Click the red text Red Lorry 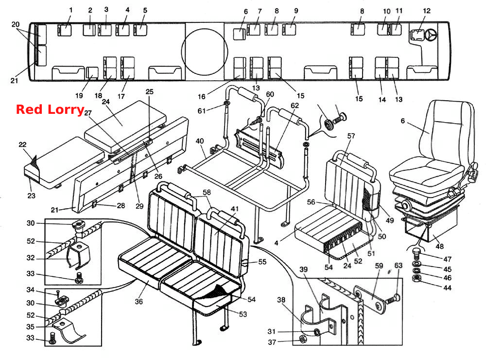(50, 109)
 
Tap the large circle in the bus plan (204, 52)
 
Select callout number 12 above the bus (427, 11)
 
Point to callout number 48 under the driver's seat (439, 247)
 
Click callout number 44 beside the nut (447, 288)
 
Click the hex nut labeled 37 (303, 339)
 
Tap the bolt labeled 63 (392, 299)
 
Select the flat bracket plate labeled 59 (370, 298)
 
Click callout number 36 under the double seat (139, 301)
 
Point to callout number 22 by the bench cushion (22, 144)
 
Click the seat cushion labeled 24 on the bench (125, 126)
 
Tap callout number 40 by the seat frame (200, 141)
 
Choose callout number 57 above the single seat (351, 136)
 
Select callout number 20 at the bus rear (15, 24)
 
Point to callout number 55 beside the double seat (262, 262)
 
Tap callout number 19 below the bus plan (79, 95)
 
